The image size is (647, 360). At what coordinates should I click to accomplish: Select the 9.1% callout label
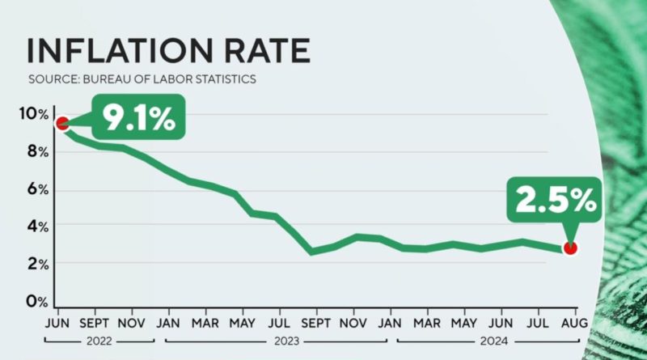(x=137, y=119)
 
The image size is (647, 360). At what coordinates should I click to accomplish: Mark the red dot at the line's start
(x=61, y=123)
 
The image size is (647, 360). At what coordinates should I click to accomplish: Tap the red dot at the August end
(x=570, y=248)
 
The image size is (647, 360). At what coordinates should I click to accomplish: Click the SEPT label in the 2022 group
(x=95, y=321)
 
